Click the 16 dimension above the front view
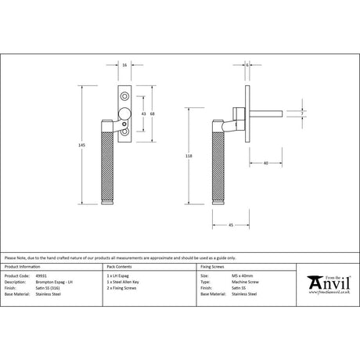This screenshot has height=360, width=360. pos(126,65)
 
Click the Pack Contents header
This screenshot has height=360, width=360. pos(115,268)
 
